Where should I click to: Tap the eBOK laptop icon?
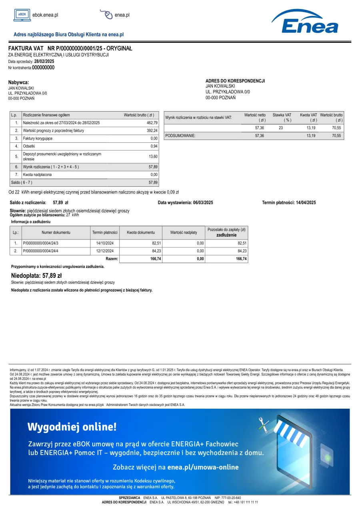[22, 15]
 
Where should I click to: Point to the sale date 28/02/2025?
[44, 62]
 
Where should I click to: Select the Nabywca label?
[19, 82]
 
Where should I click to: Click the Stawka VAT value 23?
[281, 128]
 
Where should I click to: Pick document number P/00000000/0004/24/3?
[41, 243]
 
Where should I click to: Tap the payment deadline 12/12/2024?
[105, 251]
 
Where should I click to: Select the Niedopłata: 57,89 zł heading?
[36, 275]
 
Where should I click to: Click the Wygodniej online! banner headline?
[72, 427]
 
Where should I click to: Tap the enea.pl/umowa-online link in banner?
[203, 467]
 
